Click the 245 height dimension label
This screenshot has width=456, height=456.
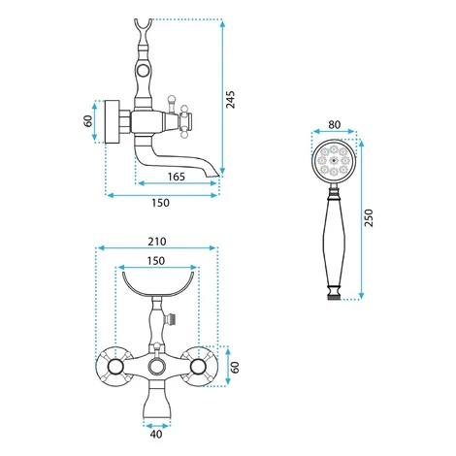click(231, 100)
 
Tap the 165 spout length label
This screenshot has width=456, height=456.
click(177, 177)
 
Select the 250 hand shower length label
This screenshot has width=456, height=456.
click(369, 218)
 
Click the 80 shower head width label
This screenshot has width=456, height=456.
click(334, 124)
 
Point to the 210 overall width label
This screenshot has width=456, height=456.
click(157, 242)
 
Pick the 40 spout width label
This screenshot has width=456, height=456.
click(156, 434)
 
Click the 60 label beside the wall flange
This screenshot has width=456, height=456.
click(88, 121)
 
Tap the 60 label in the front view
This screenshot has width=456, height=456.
click(235, 367)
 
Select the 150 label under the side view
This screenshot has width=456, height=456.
click(160, 203)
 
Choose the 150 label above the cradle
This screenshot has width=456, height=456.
click(156, 261)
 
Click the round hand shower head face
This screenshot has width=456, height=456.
click(334, 161)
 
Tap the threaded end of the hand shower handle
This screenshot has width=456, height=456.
click(334, 296)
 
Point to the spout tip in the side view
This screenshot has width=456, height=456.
click(213, 175)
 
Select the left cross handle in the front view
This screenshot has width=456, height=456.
click(115, 367)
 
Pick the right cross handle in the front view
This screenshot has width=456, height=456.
click(199, 367)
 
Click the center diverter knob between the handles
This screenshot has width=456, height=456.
click(157, 367)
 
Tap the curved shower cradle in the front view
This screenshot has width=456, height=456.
click(158, 292)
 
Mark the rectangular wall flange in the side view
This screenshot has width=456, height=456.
click(113, 121)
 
